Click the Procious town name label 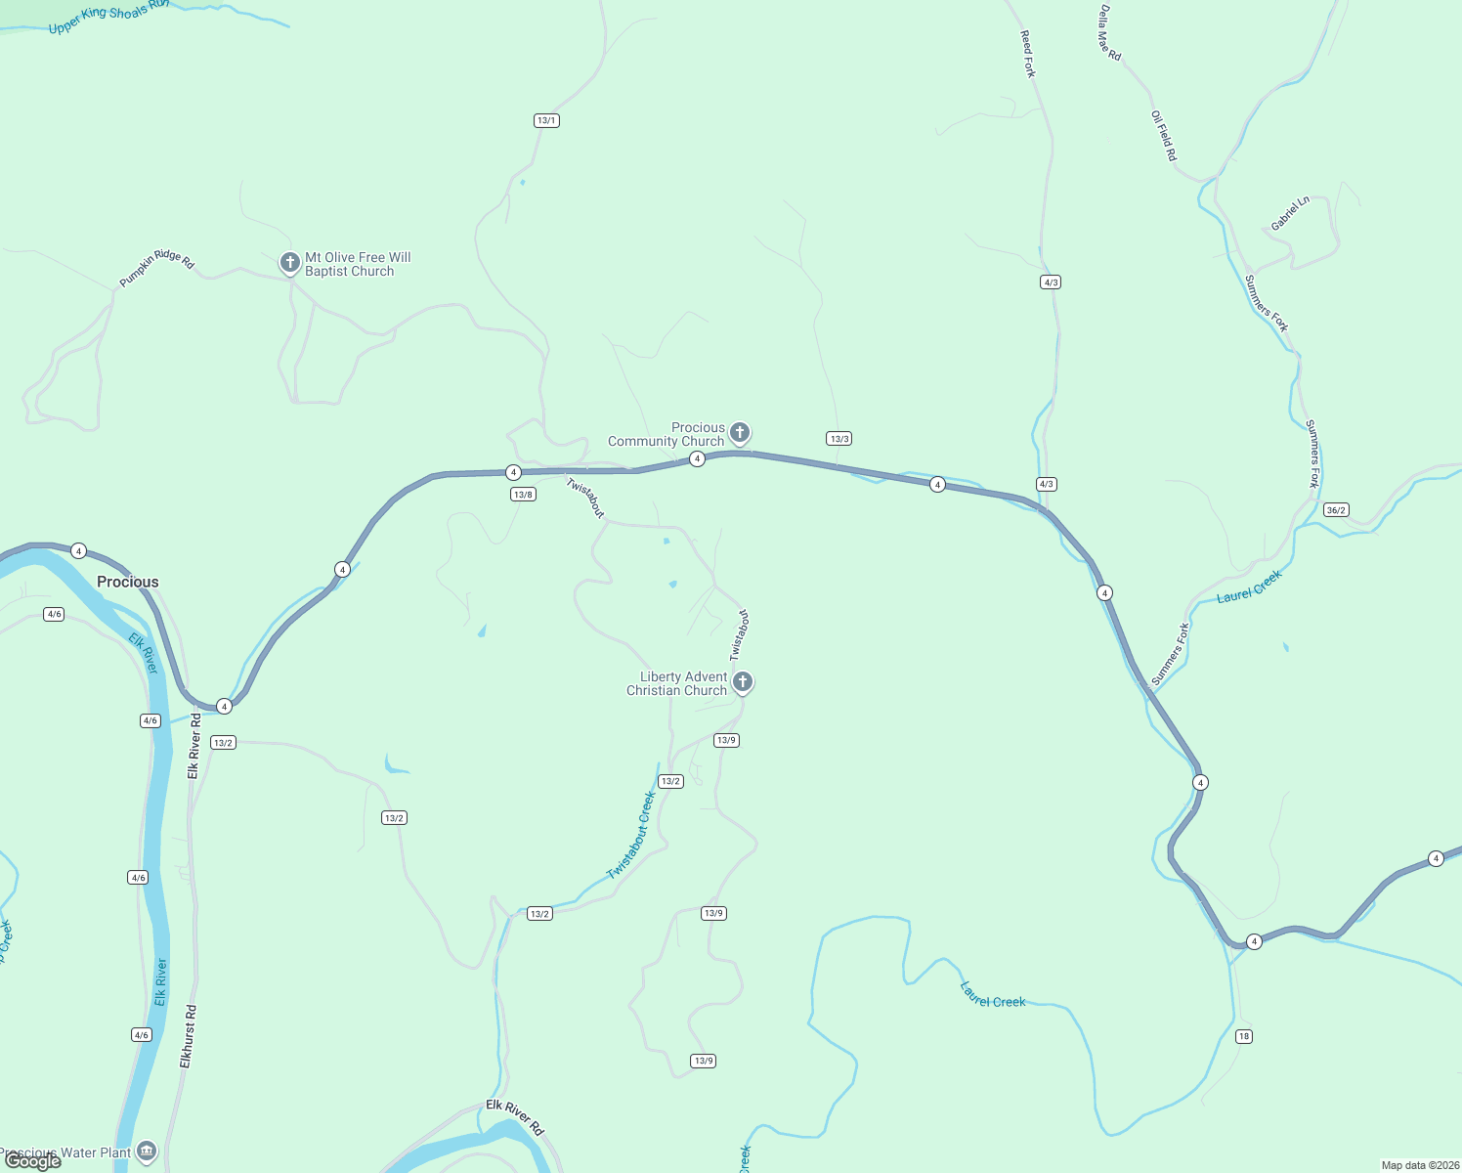coord(127,582)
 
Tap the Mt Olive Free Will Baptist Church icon coord(289,263)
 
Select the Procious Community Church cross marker coord(740,432)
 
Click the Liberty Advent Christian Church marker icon coord(743,681)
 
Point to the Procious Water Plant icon coord(147,1151)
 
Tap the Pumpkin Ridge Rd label coord(157,267)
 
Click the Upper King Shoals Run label coord(107,17)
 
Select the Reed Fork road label coord(1028,54)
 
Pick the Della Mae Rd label coord(1109,33)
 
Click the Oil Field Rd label coord(1164,136)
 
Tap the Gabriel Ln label coord(1290,213)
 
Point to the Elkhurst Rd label coord(188,1036)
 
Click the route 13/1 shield coord(546,121)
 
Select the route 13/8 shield coord(523,495)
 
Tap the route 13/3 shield coord(838,439)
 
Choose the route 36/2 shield coord(1336,510)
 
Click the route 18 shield coord(1243,1036)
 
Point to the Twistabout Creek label coord(631,836)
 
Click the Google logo coord(33,1160)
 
